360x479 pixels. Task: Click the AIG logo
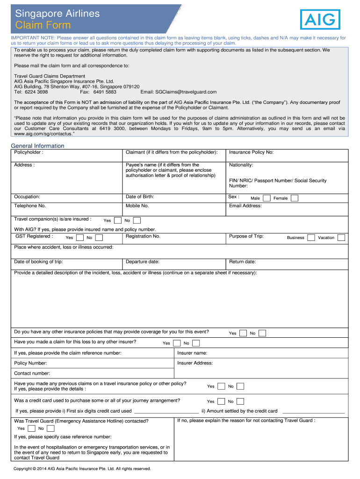320,19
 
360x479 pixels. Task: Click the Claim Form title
43,25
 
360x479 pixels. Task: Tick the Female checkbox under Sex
294,198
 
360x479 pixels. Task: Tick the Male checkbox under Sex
266,198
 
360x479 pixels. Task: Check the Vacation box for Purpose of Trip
341,238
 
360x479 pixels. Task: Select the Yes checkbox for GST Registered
79,238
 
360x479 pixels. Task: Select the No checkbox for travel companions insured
137,220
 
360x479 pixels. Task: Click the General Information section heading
37,146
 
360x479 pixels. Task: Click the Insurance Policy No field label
251,152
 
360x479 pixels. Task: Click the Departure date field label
142,262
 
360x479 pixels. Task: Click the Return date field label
242,262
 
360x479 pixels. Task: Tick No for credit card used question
240,401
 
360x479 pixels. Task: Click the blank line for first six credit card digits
166,411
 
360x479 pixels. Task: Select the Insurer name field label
192,353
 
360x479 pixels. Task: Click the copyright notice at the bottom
82,469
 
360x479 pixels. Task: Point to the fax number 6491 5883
105,92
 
